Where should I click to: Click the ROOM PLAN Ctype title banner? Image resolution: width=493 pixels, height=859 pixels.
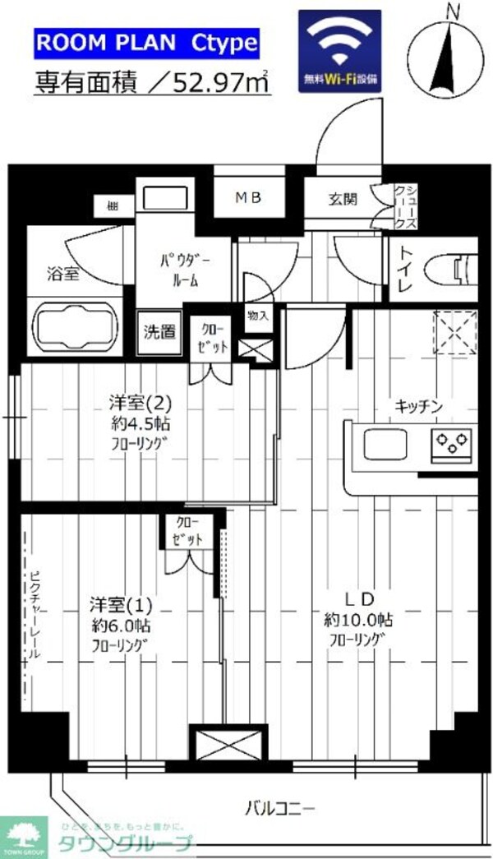146,43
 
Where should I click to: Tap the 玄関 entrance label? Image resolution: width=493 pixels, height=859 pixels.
343,198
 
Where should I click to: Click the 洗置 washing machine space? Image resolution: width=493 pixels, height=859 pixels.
159,332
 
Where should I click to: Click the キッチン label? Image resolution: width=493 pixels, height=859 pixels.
418,406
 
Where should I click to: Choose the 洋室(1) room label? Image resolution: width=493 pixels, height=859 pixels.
121,606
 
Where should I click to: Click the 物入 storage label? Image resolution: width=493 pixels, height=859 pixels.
256,315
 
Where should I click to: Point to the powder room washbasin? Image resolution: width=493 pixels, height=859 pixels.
164,198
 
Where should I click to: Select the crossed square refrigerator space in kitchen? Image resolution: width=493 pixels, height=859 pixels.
454,332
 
